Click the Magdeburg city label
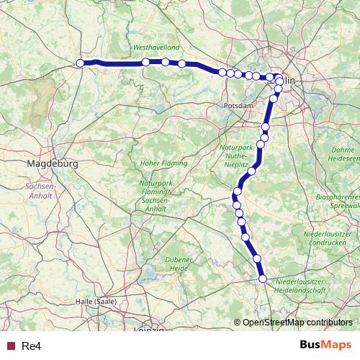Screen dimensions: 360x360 (52, 164)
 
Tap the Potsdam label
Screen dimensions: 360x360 (239, 105)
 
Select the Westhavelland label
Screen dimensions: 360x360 (155, 48)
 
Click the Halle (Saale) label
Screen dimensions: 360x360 (98, 302)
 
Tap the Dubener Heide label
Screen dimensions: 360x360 (179, 264)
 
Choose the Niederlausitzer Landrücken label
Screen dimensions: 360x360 (330, 239)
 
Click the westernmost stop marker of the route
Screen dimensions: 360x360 (81, 63)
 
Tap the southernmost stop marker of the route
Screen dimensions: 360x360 (263, 279)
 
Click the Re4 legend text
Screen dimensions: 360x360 (32, 346)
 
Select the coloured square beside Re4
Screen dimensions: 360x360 (11, 346)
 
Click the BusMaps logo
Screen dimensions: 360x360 (325, 346)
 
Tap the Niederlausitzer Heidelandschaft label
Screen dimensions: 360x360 (311, 284)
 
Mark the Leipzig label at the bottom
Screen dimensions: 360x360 (150, 330)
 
